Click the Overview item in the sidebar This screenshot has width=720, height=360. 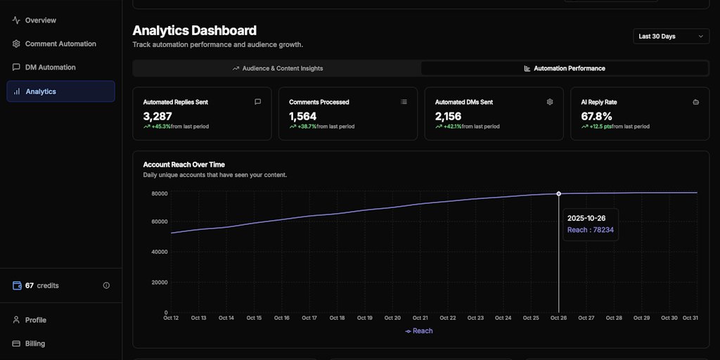tap(40, 20)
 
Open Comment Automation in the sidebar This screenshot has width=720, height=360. tap(60, 44)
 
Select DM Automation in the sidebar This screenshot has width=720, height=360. tap(50, 67)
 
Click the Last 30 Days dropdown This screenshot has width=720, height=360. tap(671, 36)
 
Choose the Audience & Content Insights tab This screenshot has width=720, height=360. tap(277, 68)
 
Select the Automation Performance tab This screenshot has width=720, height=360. tap(564, 68)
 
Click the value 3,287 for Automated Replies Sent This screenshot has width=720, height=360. tap(157, 116)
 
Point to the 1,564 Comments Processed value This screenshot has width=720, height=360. tap(303, 116)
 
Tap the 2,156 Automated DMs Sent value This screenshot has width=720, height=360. tap(449, 116)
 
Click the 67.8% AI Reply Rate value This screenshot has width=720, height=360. tap(596, 116)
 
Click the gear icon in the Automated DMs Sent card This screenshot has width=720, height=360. tap(550, 102)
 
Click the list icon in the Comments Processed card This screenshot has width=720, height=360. tap(404, 102)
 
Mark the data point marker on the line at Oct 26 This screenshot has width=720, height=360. tap(559, 193)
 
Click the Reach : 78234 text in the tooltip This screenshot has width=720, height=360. tap(591, 230)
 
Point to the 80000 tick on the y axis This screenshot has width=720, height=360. tap(159, 193)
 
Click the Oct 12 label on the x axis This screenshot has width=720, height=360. tap(171, 318)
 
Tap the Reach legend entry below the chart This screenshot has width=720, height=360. tap(419, 331)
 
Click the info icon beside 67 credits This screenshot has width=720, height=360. tap(106, 285)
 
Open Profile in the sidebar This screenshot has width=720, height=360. tap(35, 320)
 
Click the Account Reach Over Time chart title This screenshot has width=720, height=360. tap(184, 165)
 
